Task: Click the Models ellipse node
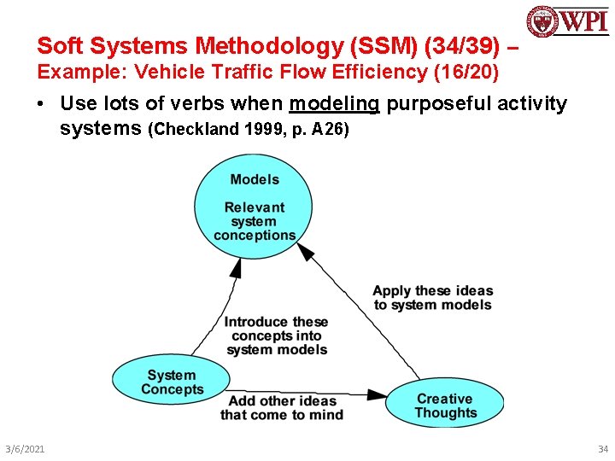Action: [255, 210]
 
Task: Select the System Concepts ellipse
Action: [172, 382]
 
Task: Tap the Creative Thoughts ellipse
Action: [445, 405]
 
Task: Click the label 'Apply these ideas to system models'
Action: [432, 298]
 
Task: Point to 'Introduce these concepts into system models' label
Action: [276, 336]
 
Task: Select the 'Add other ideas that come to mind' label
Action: [282, 408]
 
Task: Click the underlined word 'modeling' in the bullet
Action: [334, 104]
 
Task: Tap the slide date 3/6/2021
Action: [26, 449]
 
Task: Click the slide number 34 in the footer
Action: [603, 449]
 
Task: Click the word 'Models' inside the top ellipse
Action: [255, 179]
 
